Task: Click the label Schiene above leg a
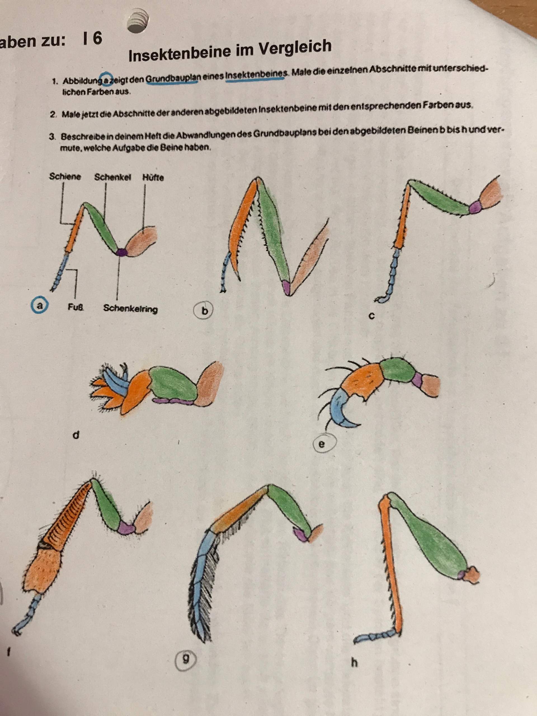65,176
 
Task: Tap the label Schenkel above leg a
113,177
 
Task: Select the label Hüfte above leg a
153,177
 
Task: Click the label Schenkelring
130,308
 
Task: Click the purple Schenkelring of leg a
121,252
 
